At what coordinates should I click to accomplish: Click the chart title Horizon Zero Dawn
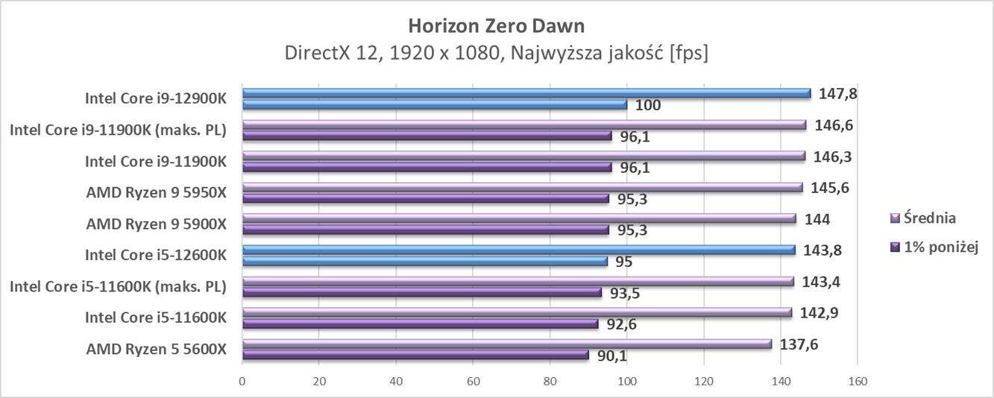pos(497,25)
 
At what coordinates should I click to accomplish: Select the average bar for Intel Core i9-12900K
pos(526,93)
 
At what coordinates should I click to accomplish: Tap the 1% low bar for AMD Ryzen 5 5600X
pos(415,355)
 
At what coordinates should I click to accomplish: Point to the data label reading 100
pos(648,105)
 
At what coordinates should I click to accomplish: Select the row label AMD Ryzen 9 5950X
pos(156,192)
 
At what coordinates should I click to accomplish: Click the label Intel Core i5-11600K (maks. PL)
pos(118,286)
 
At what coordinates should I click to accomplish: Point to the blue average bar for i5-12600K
pos(518,250)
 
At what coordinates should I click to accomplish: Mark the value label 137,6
pos(799,344)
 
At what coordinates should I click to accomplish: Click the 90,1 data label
pos(612,356)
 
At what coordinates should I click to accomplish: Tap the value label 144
pos(818,218)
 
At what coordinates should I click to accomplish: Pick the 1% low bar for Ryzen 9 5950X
pos(425,198)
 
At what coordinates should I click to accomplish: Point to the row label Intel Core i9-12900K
pos(155,98)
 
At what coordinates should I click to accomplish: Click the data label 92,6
pos(622,324)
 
